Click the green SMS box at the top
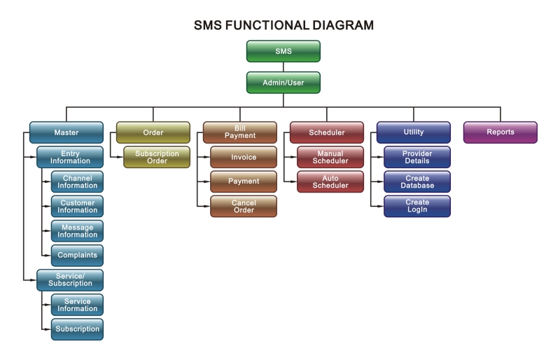pyautogui.click(x=283, y=51)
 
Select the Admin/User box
pyautogui.click(x=283, y=83)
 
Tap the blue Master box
pyautogui.click(x=66, y=132)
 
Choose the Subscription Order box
pyautogui.click(x=157, y=157)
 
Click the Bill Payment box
pyautogui.click(x=240, y=132)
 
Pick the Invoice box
pyautogui.click(x=244, y=157)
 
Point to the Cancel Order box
pyautogui.click(x=244, y=207)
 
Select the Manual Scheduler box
pyautogui.click(x=330, y=157)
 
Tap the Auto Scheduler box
pyautogui.click(x=330, y=181)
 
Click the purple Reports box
pyautogui.click(x=500, y=132)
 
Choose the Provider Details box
pyautogui.click(x=417, y=157)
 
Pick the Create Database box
pyautogui.click(x=417, y=181)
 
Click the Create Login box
pyautogui.click(x=417, y=207)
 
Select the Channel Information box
pyautogui.click(x=77, y=181)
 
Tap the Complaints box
pyautogui.click(x=77, y=255)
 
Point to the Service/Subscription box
pyautogui.click(x=70, y=280)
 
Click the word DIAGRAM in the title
pyautogui.click(x=343, y=25)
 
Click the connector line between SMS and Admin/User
pyautogui.click(x=283, y=67)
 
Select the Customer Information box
pyautogui.click(x=77, y=207)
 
